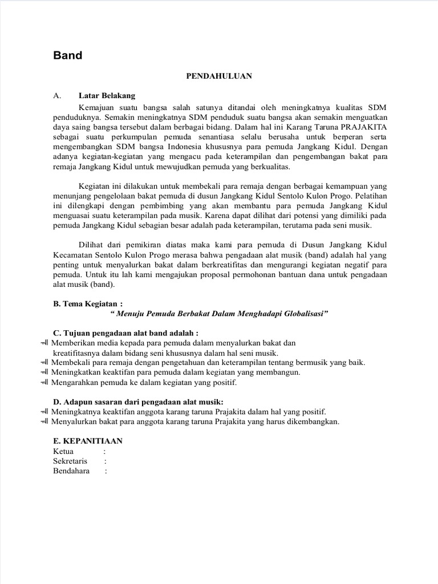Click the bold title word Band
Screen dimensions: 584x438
(68, 56)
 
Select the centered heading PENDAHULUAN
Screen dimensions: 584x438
(219, 76)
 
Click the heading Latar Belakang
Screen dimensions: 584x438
(107, 95)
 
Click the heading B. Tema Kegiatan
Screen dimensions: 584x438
(87, 304)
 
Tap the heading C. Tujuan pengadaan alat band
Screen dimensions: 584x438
(125, 332)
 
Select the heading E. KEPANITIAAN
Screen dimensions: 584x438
(87, 441)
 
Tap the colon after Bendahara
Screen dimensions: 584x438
(106, 471)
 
